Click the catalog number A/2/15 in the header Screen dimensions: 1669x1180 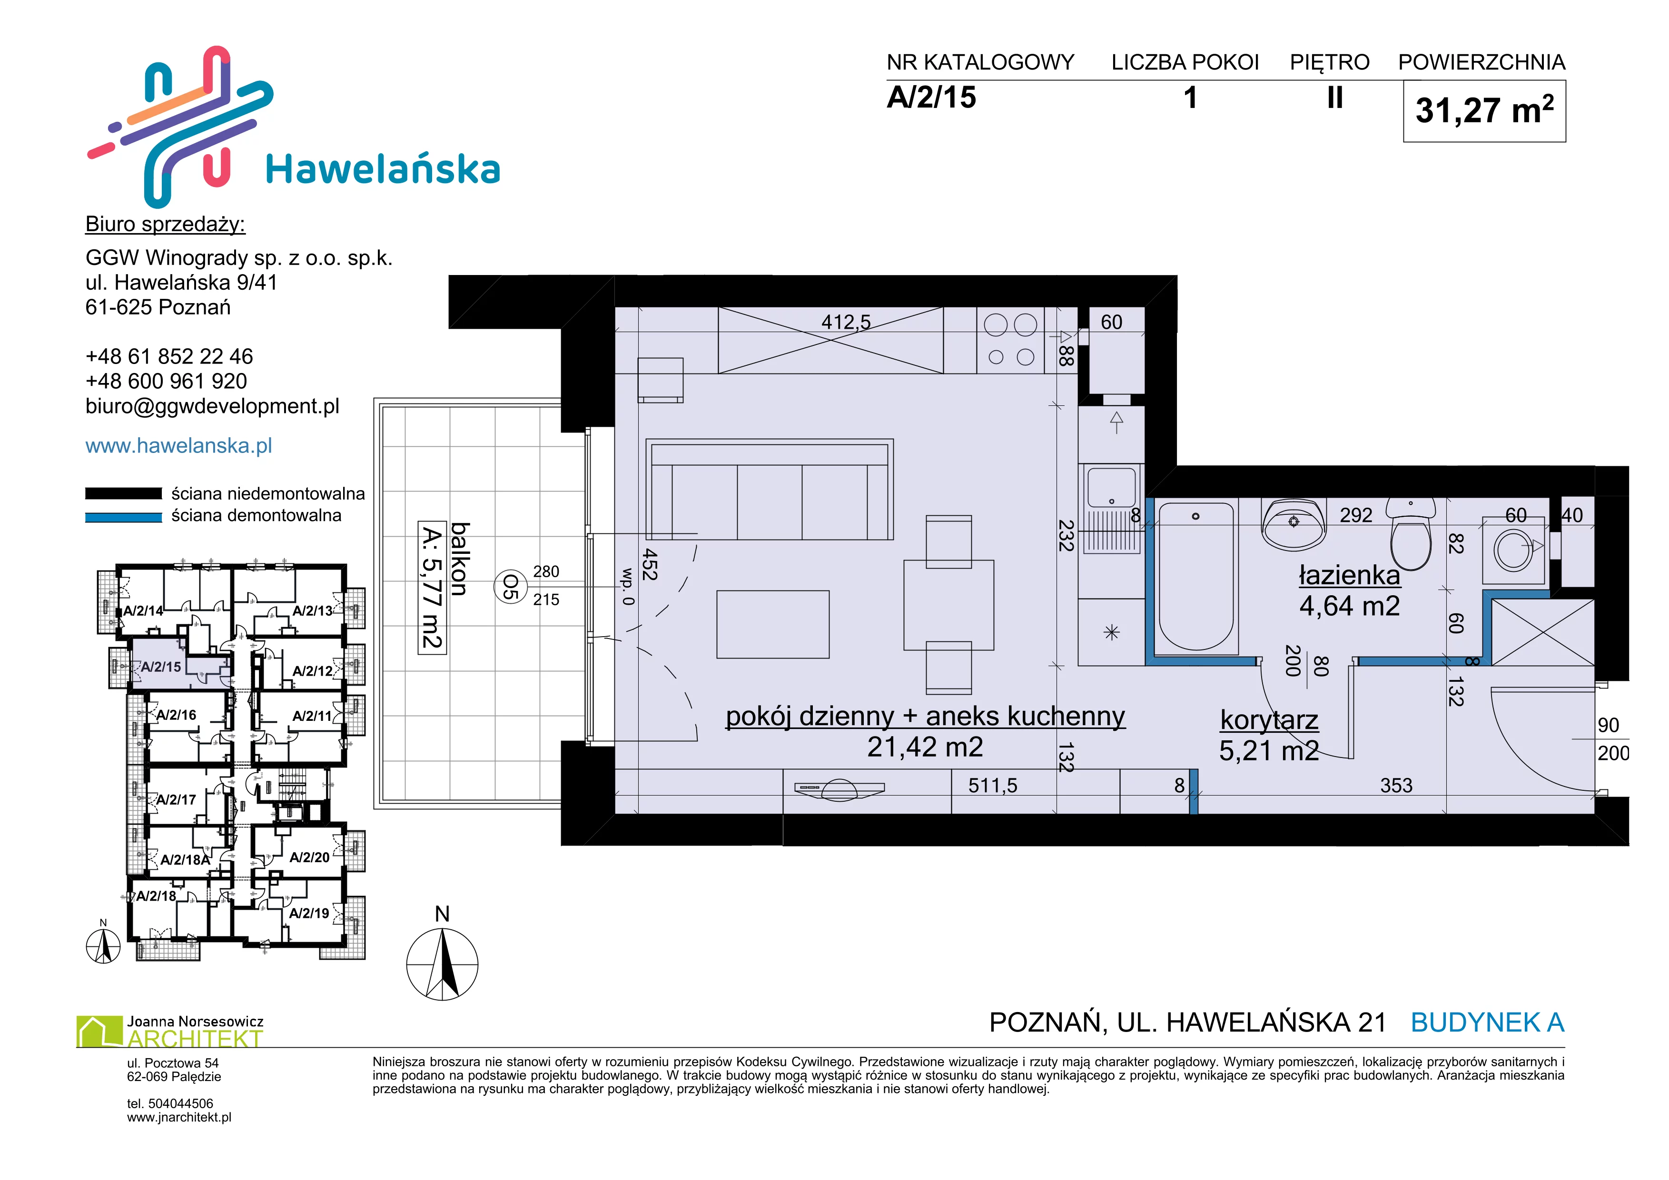tap(931, 98)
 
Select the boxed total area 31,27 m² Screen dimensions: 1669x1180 tap(1484, 110)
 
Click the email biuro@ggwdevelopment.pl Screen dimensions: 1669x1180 tap(212, 406)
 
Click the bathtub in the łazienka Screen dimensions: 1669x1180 tap(1196, 575)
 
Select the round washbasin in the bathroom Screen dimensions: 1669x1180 tap(1294, 524)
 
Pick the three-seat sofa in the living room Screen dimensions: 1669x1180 tap(770, 489)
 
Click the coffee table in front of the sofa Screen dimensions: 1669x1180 tap(773, 624)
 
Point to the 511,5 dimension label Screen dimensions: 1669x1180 tap(993, 786)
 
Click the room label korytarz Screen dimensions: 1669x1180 tap(1269, 720)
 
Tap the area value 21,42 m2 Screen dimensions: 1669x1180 tap(925, 747)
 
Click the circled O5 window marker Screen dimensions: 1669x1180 tap(511, 587)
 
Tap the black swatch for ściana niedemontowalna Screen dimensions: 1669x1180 tap(124, 493)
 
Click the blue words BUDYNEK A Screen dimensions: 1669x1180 tap(1487, 1023)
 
